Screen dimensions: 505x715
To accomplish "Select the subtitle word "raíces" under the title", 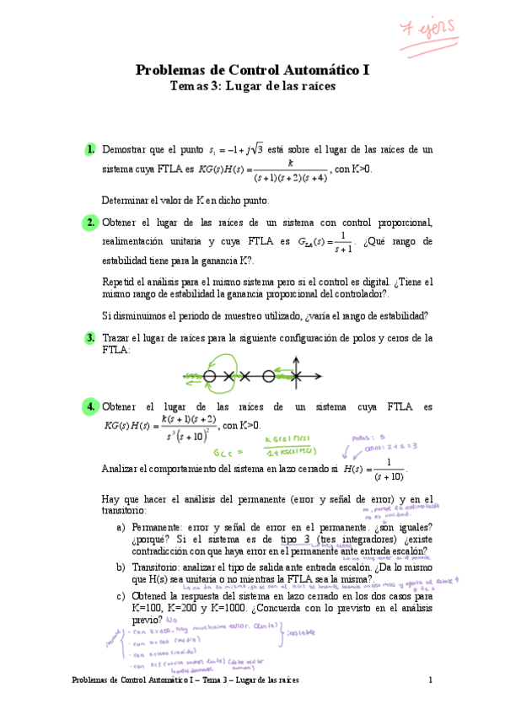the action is [314, 86].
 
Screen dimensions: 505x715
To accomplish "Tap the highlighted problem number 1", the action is [89, 149].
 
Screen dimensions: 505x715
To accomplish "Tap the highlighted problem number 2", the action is [89, 223].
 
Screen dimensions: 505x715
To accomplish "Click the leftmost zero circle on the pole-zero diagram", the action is [209, 376].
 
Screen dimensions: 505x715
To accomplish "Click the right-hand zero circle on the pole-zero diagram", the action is [268, 376].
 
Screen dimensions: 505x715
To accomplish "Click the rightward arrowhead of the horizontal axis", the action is [318, 376].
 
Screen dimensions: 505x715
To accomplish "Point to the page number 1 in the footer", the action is [430, 680].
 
